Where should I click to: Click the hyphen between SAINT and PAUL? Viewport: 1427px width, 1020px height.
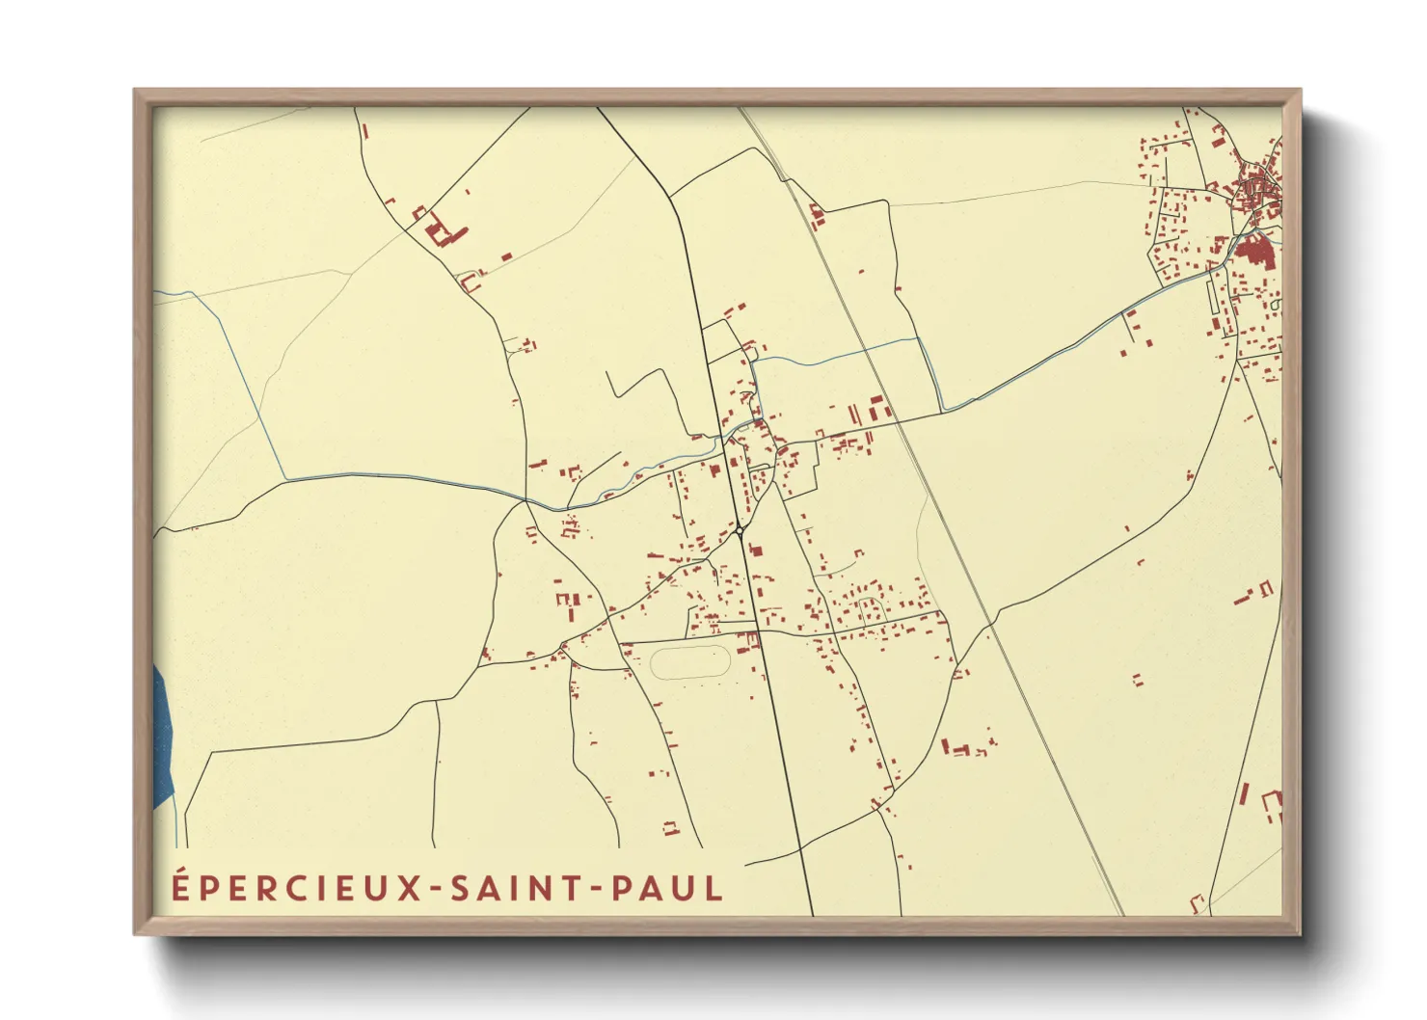598,889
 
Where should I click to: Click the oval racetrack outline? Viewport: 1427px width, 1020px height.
690,662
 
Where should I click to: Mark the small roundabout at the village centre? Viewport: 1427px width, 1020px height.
739,530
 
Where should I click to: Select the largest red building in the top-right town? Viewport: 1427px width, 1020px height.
1255,253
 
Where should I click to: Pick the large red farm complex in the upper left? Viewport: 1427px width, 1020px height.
442,231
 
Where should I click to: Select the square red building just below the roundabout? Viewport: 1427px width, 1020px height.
756,551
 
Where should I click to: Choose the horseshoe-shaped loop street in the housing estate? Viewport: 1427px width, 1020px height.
871,608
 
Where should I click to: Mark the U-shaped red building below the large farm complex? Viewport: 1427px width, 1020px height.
470,282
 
